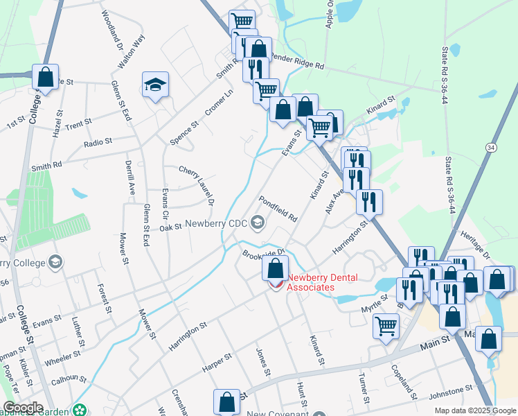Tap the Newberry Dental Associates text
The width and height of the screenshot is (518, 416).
click(322, 283)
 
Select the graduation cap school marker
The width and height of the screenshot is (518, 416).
click(155, 85)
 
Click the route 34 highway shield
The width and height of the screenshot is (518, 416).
click(491, 148)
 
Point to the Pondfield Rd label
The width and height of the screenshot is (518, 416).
click(278, 207)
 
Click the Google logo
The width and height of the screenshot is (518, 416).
click(23, 408)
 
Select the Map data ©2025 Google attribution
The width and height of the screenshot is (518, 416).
click(475, 410)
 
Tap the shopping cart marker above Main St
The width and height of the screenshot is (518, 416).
click(386, 325)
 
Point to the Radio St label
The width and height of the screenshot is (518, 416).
click(98, 142)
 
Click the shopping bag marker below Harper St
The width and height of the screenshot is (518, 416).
click(227, 401)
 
